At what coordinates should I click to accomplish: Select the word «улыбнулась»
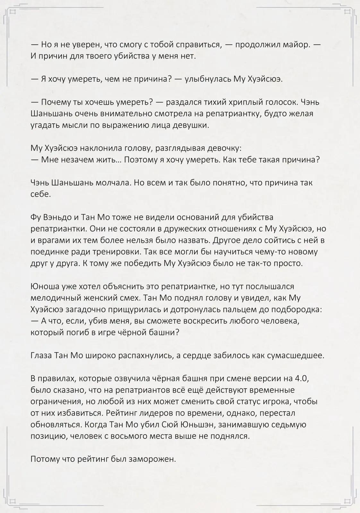click(208, 79)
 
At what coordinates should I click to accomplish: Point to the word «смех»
click(129, 298)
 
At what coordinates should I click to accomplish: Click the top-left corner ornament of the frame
click(12, 12)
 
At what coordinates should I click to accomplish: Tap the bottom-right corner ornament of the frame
click(347, 501)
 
